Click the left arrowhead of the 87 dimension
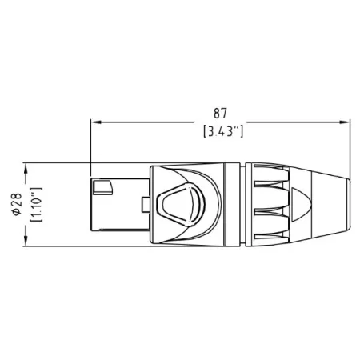click(x=94, y=122)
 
